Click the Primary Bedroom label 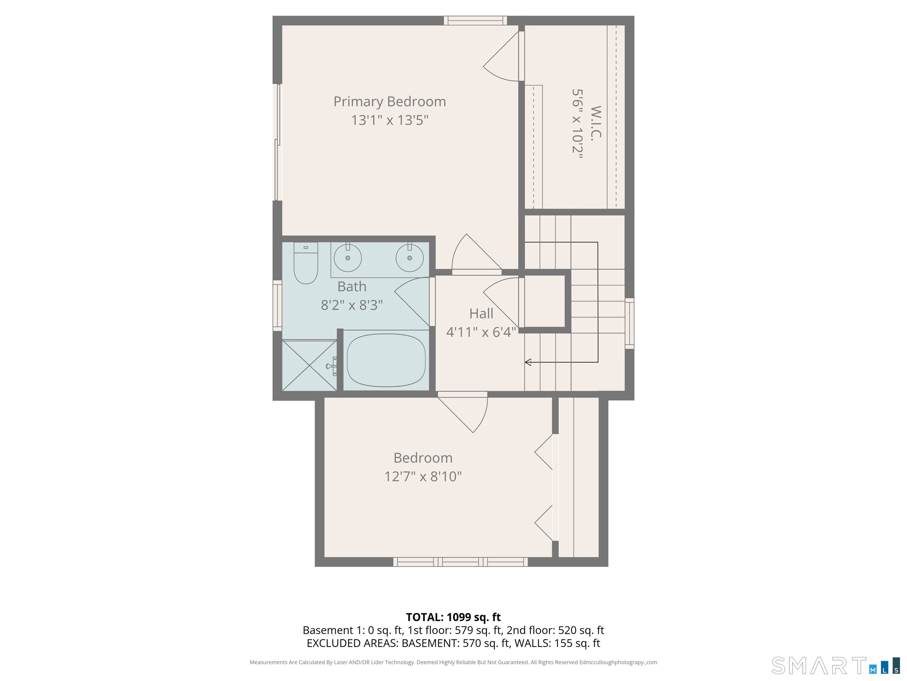pyautogui.click(x=389, y=101)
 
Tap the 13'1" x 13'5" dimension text pyautogui.click(x=389, y=120)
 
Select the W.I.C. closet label pyautogui.click(x=596, y=123)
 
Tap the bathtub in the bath pyautogui.click(x=386, y=360)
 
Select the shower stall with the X pyautogui.click(x=309, y=365)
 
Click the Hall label pyautogui.click(x=481, y=314)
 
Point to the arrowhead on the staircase pyautogui.click(x=528, y=362)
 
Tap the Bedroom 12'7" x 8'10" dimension pyautogui.click(x=423, y=476)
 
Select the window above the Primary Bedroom pyautogui.click(x=475, y=20)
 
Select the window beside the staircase pyautogui.click(x=629, y=323)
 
